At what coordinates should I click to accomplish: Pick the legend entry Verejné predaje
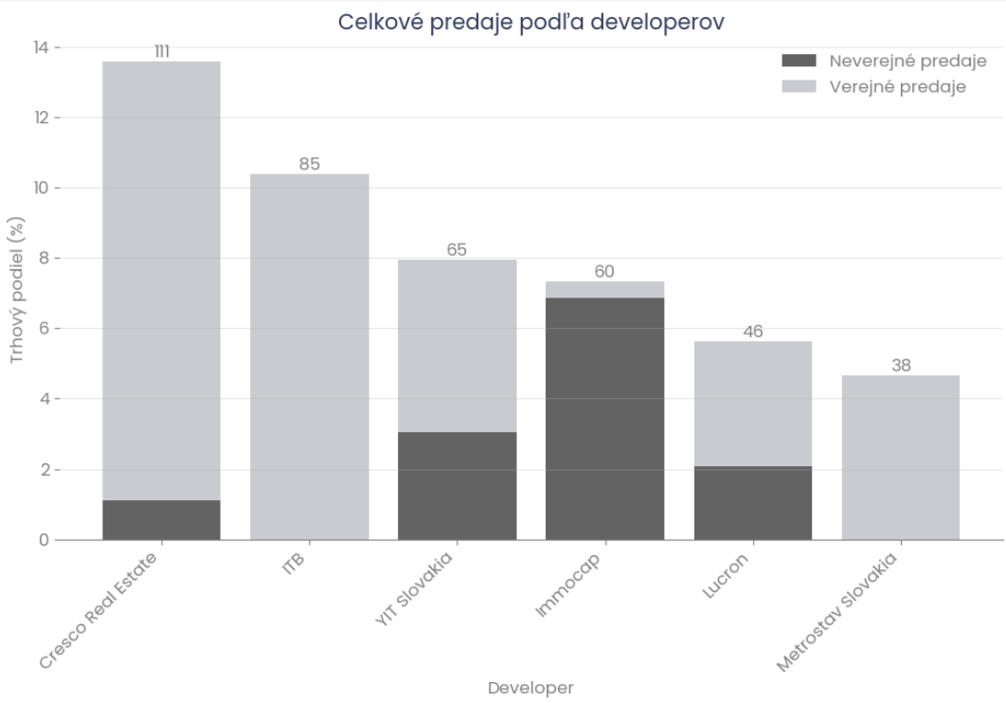(897, 87)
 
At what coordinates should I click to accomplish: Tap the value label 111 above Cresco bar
(162, 51)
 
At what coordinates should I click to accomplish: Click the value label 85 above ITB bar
(310, 164)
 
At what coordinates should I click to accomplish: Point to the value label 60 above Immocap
(604, 272)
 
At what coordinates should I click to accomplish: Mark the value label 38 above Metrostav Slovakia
(901, 366)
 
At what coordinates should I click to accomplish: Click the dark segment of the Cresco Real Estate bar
(162, 520)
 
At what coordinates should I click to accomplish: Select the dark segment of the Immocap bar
(604, 419)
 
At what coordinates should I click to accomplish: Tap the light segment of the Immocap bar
(604, 290)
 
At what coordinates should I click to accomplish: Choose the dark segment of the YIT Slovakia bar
(458, 486)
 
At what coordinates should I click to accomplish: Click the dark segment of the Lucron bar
(753, 503)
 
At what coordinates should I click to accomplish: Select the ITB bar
(310, 357)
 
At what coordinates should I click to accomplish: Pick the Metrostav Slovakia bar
(901, 458)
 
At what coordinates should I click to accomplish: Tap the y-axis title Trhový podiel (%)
(17, 291)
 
